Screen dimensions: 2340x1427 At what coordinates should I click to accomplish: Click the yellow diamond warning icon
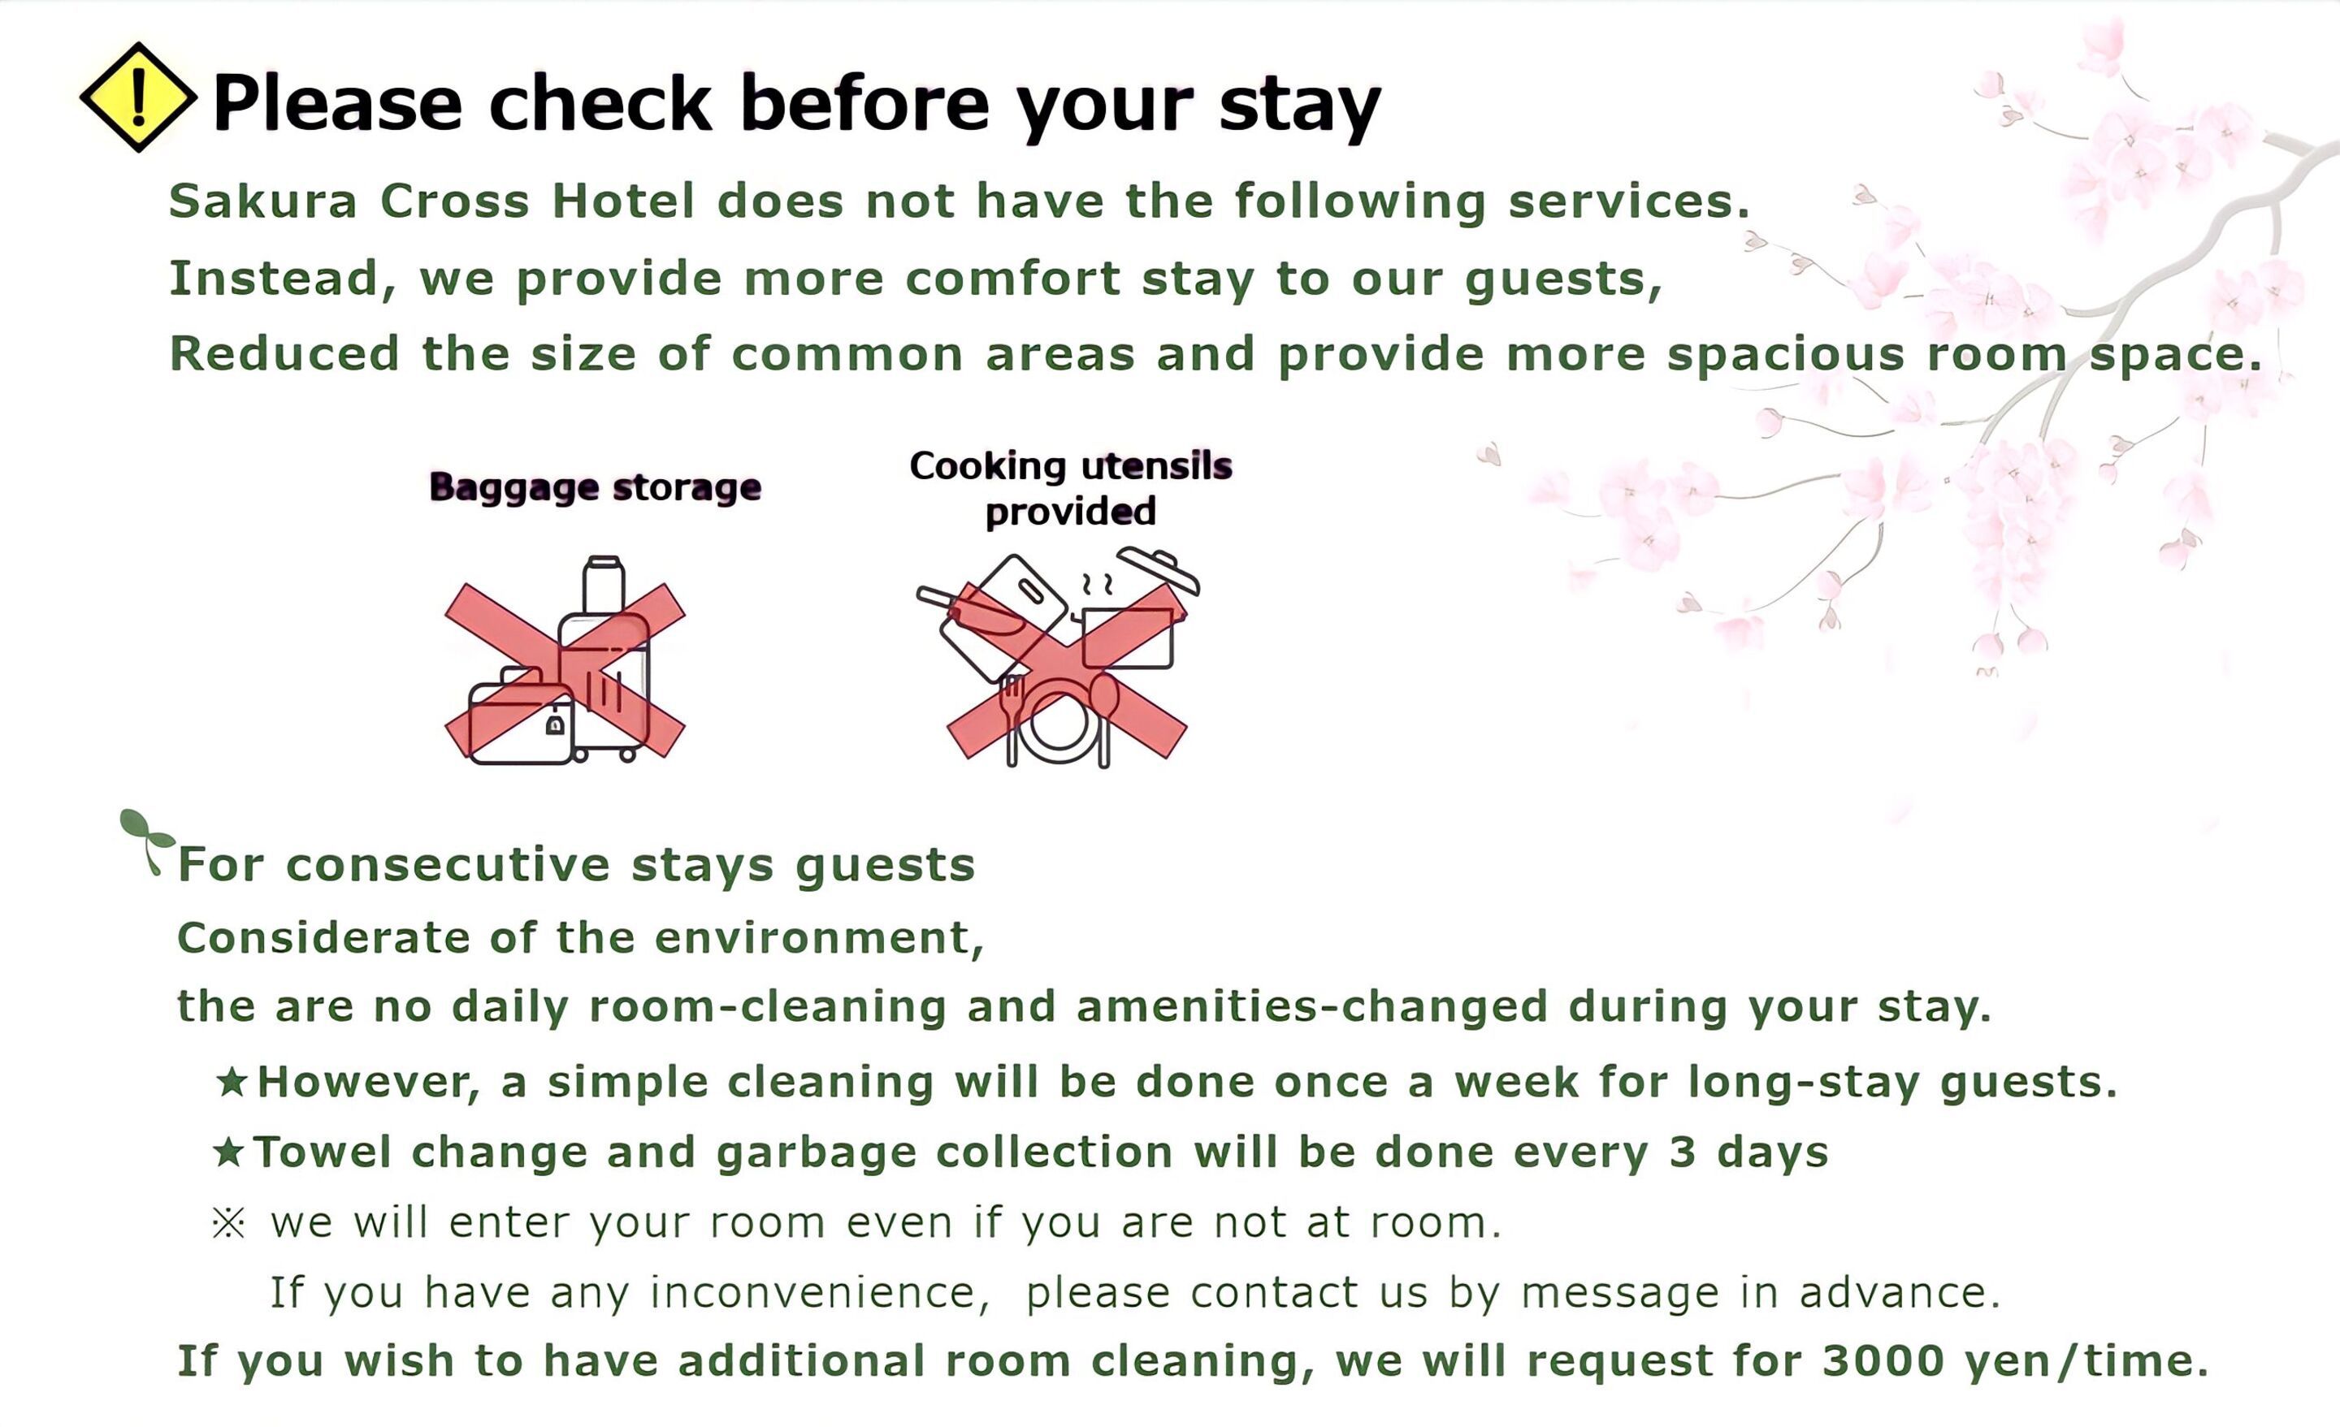pyautogui.click(x=139, y=97)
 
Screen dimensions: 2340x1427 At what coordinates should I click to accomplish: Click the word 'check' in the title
pyautogui.click(x=600, y=102)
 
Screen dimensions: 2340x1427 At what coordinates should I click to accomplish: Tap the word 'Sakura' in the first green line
pyautogui.click(x=263, y=201)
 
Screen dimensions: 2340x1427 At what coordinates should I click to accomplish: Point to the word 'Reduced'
pyautogui.click(x=284, y=354)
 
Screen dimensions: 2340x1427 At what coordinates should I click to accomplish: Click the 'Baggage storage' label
pyautogui.click(x=596, y=487)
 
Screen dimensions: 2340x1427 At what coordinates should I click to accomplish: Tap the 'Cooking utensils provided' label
pyautogui.click(x=1070, y=488)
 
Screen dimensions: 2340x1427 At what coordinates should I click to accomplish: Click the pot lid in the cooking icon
pyautogui.click(x=1159, y=569)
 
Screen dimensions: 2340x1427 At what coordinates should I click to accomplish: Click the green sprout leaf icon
pyautogui.click(x=146, y=839)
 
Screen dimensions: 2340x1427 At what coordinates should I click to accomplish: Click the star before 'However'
pyautogui.click(x=232, y=1081)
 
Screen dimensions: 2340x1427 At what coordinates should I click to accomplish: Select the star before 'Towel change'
pyautogui.click(x=229, y=1152)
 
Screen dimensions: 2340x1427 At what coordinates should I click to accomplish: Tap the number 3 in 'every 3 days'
pyautogui.click(x=1682, y=1152)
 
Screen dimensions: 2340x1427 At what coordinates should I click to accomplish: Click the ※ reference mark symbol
pyautogui.click(x=228, y=1223)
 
